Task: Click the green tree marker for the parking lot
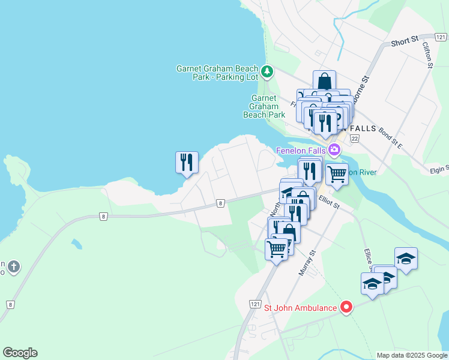coord(267,73)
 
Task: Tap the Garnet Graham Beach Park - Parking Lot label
coord(217,73)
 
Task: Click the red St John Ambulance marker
coord(346,308)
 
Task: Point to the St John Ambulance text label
coord(301,308)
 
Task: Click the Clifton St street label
coord(427,55)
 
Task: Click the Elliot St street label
coord(330,204)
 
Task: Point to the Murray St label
coord(306,263)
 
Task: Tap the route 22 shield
coord(354,139)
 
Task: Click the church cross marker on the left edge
coord(14,266)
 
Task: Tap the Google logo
coord(20,353)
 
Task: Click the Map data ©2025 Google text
coord(411,355)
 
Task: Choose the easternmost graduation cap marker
coord(406,258)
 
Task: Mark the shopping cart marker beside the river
coord(337,174)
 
